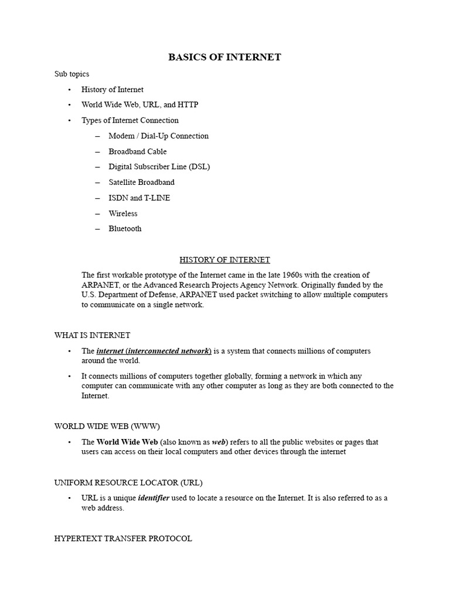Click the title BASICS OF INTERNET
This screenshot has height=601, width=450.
(224, 57)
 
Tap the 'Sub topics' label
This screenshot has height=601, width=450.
(71, 74)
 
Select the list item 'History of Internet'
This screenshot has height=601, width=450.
(112, 89)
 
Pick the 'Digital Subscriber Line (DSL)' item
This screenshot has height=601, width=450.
(159, 167)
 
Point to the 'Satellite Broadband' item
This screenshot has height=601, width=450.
(141, 183)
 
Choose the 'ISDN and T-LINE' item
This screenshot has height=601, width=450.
(139, 198)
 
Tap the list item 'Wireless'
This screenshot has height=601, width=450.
(123, 214)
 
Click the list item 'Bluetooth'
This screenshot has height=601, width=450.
(125, 229)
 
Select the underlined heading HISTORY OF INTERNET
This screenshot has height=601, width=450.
(224, 259)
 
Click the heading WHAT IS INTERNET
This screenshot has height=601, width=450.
(92, 335)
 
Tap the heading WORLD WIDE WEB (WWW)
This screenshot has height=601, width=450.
(107, 426)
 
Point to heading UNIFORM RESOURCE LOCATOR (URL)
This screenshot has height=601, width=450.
(128, 482)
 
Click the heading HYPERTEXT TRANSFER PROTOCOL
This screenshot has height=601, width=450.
(123, 538)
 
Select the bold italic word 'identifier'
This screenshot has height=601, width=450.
(154, 498)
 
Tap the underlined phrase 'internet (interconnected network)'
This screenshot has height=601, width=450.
(154, 351)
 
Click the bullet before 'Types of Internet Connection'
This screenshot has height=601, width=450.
(69, 120)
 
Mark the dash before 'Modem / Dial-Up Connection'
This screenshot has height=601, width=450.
(96, 136)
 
